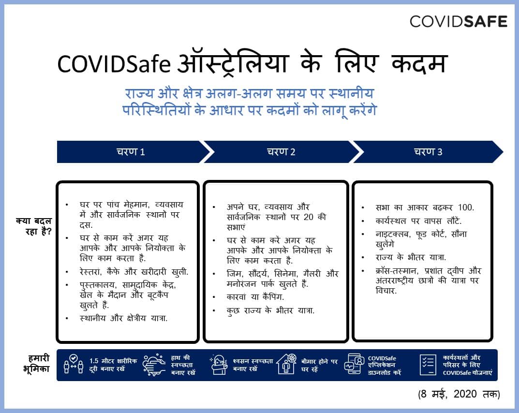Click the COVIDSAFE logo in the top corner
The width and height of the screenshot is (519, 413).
tap(458, 21)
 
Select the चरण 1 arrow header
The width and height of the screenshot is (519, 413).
tap(131, 152)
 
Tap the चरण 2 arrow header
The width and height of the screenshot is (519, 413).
tap(281, 152)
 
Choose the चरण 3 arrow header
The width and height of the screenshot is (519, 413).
tap(428, 152)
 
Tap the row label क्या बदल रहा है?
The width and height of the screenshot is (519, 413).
tap(33, 226)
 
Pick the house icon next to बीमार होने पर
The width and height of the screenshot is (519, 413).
tap(286, 365)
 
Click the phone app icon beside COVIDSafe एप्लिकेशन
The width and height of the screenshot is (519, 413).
tap(355, 365)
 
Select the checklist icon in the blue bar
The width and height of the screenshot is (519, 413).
tap(427, 365)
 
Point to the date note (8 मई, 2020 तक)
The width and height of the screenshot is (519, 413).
tap(459, 394)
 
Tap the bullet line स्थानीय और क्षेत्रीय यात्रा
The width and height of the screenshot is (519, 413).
tap(123, 318)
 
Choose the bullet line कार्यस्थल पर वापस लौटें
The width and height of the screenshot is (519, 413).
tap(419, 221)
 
